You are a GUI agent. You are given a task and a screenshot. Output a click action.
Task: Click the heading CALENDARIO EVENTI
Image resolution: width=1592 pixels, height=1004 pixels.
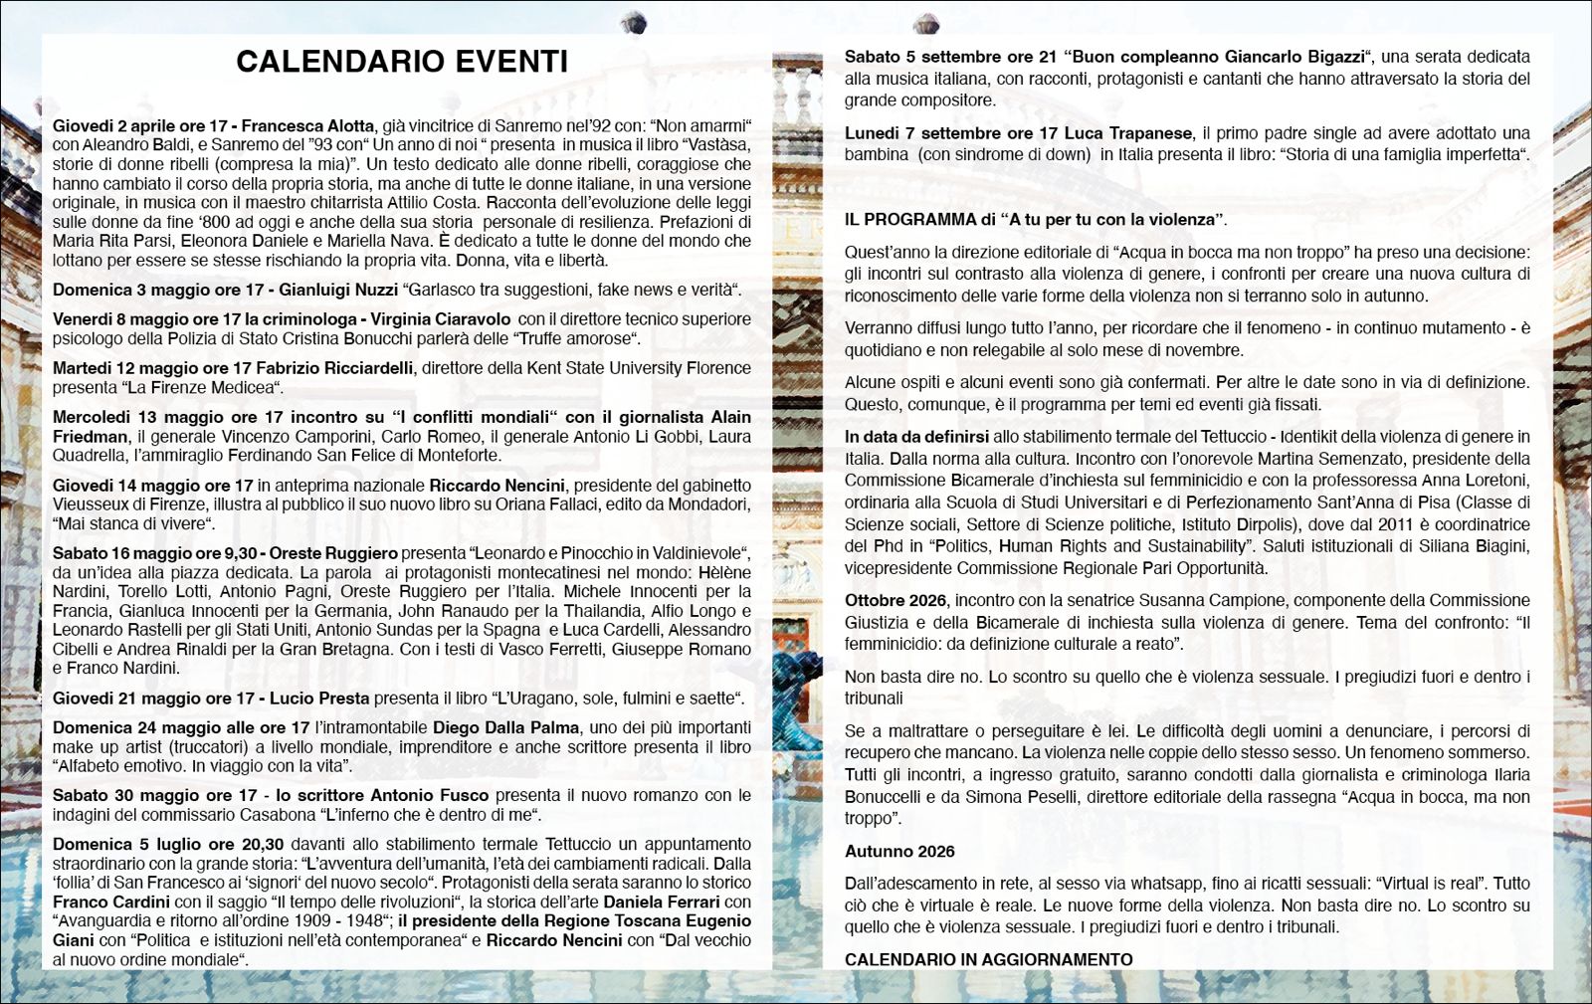tap(402, 62)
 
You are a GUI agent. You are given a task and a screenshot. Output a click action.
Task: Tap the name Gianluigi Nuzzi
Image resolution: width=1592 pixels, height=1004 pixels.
tap(337, 291)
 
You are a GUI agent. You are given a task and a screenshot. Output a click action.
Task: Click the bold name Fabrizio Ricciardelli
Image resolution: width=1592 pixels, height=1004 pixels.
tap(334, 368)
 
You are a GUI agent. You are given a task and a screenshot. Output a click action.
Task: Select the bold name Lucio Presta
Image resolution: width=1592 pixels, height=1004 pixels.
tap(318, 699)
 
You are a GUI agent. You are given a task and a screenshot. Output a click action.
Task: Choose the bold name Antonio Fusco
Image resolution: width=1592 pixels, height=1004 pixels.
tap(429, 795)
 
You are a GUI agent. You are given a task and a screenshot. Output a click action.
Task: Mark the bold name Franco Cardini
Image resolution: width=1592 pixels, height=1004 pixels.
tap(111, 902)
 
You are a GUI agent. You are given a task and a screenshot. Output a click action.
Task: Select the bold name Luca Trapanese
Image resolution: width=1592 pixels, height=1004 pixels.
tap(1127, 133)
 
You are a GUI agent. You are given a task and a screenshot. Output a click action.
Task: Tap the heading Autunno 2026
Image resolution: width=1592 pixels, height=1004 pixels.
tap(899, 851)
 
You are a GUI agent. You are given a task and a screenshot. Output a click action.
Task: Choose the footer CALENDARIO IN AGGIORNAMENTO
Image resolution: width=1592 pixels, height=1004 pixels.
tap(988, 959)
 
